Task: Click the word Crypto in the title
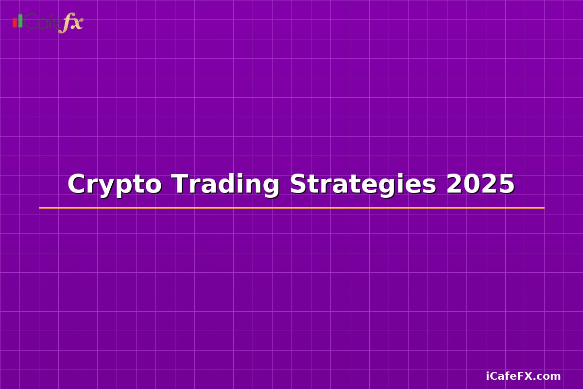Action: click(114, 185)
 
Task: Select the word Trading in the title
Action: click(225, 185)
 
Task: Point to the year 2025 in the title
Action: click(480, 185)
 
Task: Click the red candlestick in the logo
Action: click(15, 23)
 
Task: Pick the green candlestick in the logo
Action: click(20, 20)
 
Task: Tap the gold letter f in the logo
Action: click(65, 23)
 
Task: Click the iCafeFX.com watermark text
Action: click(523, 376)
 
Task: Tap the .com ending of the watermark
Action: click(549, 376)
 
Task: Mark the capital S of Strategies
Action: click(298, 185)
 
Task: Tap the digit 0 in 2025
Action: click(472, 185)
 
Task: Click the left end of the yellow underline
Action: click(40, 208)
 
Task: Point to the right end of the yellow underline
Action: click(543, 208)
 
